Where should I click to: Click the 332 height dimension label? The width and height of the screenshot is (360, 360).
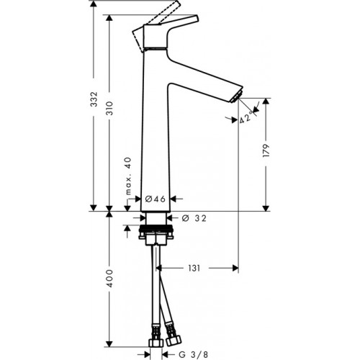[94, 99]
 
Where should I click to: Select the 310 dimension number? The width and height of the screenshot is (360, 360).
[109, 108]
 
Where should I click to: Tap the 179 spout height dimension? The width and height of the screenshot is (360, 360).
[266, 150]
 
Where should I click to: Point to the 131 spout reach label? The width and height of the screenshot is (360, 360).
[194, 268]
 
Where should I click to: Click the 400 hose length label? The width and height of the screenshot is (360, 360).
[109, 279]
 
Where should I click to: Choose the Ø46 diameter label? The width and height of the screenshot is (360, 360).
[156, 199]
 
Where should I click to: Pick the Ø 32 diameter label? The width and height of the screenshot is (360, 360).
[194, 218]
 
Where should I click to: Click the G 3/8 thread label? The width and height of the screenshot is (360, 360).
[194, 354]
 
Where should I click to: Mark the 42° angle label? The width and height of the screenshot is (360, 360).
[246, 118]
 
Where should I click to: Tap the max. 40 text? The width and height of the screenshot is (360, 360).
[129, 176]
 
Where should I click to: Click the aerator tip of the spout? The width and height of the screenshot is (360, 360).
[235, 97]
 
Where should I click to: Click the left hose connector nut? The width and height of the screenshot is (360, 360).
[156, 342]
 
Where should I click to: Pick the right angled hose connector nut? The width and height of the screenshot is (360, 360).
[174, 341]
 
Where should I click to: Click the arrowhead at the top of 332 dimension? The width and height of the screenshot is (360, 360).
[94, 4]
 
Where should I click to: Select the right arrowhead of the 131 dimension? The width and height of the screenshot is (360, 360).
[235, 268]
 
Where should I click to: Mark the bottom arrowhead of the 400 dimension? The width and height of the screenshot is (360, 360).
[109, 343]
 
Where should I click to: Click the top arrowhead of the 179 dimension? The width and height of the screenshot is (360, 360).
[266, 101]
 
